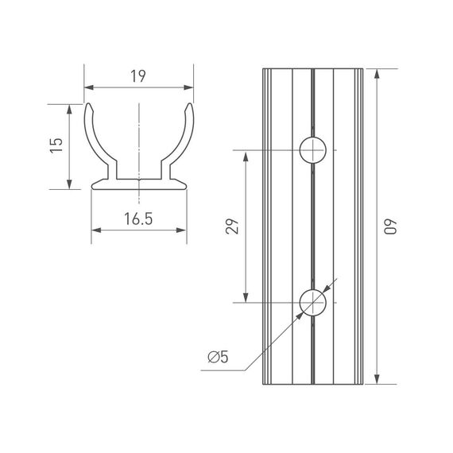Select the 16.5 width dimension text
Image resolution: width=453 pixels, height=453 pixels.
pyautogui.click(x=138, y=220)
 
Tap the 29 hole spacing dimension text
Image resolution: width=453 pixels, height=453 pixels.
pyautogui.click(x=232, y=226)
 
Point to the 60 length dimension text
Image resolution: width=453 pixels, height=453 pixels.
pyautogui.click(x=389, y=226)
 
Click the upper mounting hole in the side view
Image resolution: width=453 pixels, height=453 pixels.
pyautogui.click(x=313, y=149)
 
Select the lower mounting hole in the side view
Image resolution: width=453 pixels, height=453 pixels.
pyautogui.click(x=313, y=303)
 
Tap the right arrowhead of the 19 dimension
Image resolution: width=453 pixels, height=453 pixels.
pyautogui.click(x=189, y=87)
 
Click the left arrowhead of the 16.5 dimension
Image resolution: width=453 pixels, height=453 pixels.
pyautogui.click(x=96, y=230)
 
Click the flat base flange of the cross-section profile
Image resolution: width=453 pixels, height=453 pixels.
pyautogui.click(x=139, y=185)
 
